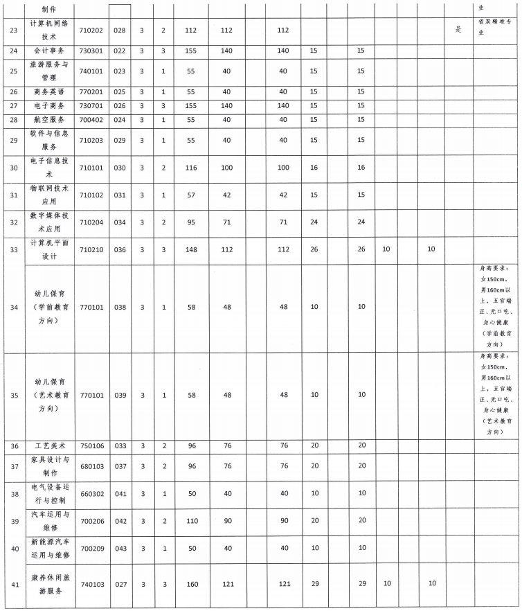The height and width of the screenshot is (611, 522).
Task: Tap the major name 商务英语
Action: click(49, 92)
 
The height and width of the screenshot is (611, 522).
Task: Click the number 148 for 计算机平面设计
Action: click(191, 250)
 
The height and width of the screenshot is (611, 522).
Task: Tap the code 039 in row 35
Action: click(120, 396)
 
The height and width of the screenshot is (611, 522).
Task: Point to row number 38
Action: click(12, 494)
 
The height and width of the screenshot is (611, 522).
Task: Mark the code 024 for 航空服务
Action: click(120, 120)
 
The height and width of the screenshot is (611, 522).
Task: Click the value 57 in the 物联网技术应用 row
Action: click(191, 195)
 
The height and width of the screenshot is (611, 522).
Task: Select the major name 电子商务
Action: click(49, 106)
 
